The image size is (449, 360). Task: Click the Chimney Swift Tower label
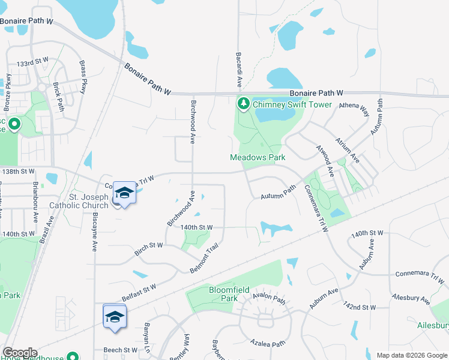coord(292,104)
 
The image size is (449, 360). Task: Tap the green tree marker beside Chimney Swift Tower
coord(244,104)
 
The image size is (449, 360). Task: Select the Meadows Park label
coord(258,157)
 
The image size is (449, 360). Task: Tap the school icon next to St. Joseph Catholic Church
coord(124,193)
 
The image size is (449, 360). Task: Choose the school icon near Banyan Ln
coord(115,316)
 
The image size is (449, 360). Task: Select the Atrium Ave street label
coord(354,149)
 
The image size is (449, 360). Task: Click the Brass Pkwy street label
coord(83,77)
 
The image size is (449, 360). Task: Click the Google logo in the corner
coord(20,353)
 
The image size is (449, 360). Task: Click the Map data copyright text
coord(412,355)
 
